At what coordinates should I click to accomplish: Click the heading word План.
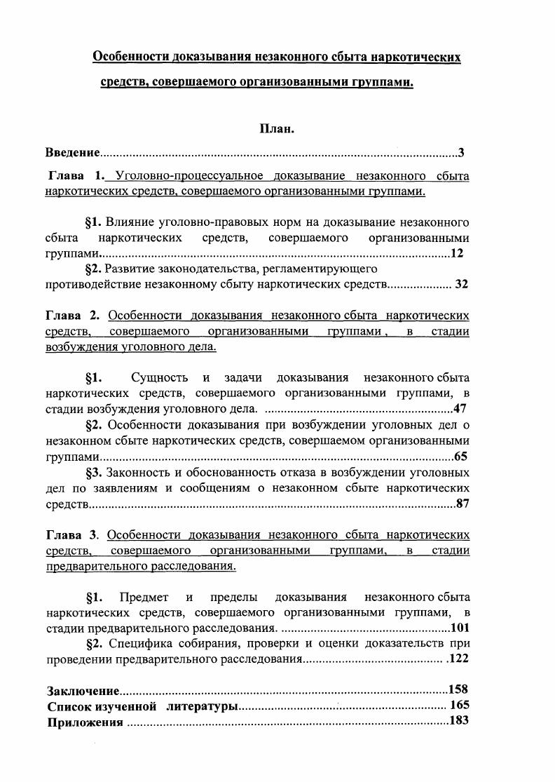(x=277, y=129)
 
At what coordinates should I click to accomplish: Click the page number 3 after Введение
(x=460, y=152)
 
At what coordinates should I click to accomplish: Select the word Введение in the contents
(x=72, y=152)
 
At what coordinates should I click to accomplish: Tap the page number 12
(x=457, y=253)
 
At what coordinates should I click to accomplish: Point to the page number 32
(x=461, y=284)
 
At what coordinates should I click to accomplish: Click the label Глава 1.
(x=76, y=175)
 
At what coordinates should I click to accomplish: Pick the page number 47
(x=460, y=408)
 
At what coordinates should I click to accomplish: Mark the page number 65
(x=461, y=457)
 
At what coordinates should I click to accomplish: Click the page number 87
(x=462, y=503)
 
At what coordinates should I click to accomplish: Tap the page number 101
(x=460, y=628)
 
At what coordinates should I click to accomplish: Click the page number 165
(x=460, y=705)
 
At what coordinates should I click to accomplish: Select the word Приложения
(x=85, y=722)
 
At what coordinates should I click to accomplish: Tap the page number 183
(x=458, y=720)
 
